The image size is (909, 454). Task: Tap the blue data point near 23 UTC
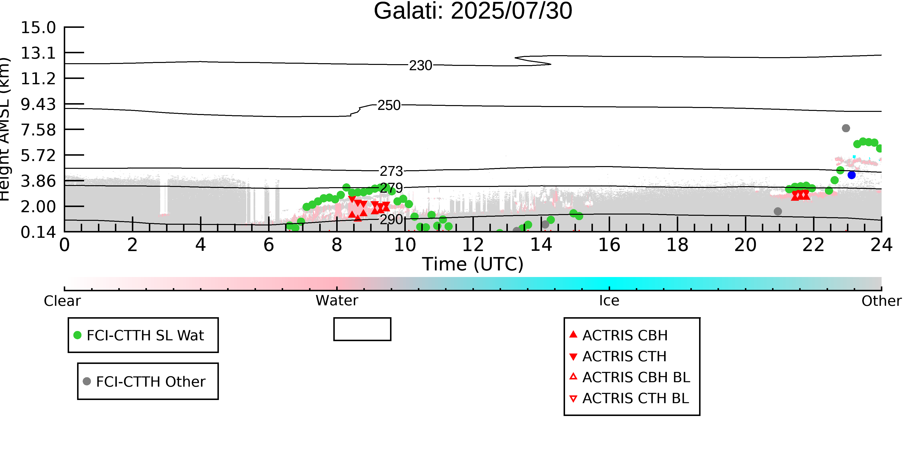point(852,175)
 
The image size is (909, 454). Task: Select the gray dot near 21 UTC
point(778,211)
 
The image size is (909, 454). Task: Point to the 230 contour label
point(421,66)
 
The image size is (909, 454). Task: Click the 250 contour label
point(389,105)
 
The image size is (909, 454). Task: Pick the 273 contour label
point(391,171)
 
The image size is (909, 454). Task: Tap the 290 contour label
point(391,219)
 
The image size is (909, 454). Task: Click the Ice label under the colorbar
point(609,301)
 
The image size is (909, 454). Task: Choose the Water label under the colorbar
point(337,301)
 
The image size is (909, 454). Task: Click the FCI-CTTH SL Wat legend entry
point(143,335)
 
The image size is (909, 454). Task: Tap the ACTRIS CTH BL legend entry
point(629,398)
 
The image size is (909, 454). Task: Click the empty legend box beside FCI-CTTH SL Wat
point(362,318)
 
